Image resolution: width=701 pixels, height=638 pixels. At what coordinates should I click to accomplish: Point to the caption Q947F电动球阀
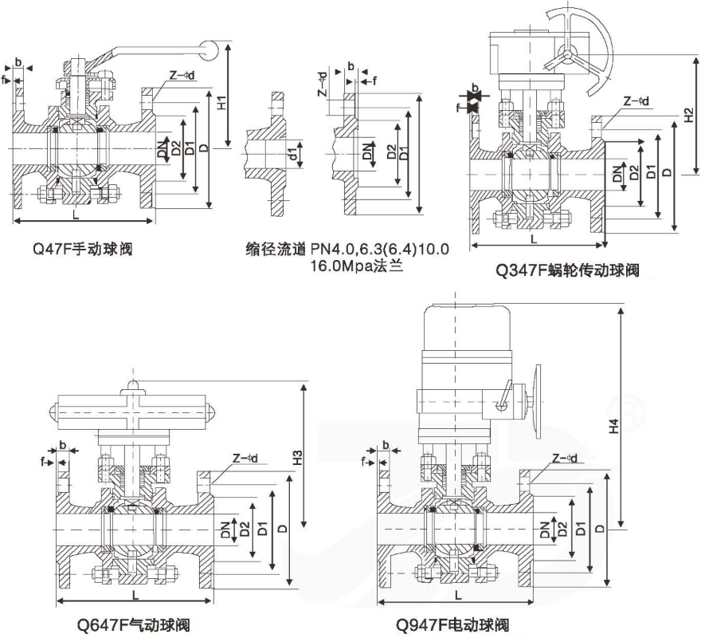[x=456, y=624]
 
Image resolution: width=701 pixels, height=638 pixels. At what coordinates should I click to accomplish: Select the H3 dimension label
[x=297, y=458]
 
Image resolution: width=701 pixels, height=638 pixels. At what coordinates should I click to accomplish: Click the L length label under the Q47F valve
[x=76, y=215]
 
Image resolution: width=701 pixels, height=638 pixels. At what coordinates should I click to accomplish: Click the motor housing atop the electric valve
[x=464, y=332]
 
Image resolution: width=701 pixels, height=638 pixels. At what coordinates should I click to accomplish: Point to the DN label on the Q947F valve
[x=543, y=527]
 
